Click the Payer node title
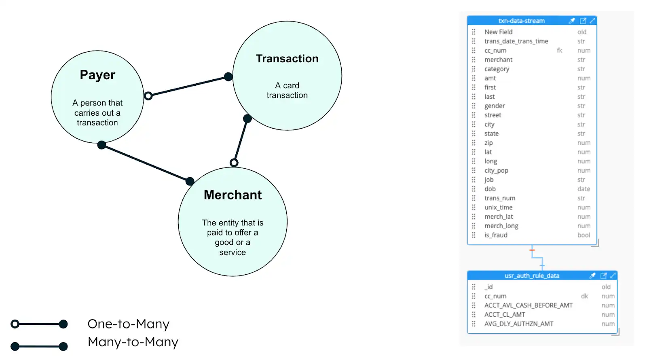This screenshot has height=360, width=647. pyautogui.click(x=97, y=75)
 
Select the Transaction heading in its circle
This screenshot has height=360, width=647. pyautogui.click(x=287, y=59)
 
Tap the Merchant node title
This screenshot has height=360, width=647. pyautogui.click(x=233, y=195)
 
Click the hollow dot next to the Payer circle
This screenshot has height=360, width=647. pyautogui.click(x=148, y=96)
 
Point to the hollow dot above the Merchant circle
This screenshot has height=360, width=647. pyautogui.click(x=234, y=163)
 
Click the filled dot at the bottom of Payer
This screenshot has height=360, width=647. pyautogui.click(x=102, y=145)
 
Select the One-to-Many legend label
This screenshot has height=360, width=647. pyautogui.click(x=129, y=324)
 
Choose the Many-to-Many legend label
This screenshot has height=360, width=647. pyautogui.click(x=133, y=342)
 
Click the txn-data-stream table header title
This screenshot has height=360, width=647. pyautogui.click(x=521, y=21)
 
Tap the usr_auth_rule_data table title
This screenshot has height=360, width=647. pyautogui.click(x=532, y=276)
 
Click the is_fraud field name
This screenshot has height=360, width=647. pyautogui.click(x=496, y=235)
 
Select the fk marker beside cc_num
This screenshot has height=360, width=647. pyautogui.click(x=559, y=51)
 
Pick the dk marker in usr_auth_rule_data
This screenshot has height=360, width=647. pyautogui.click(x=584, y=296)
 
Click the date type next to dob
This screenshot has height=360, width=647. pyautogui.click(x=584, y=189)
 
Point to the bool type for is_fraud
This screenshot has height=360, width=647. pyautogui.click(x=584, y=235)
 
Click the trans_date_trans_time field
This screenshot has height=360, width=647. pyautogui.click(x=516, y=41)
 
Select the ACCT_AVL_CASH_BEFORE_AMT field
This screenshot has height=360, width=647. pyautogui.click(x=528, y=305)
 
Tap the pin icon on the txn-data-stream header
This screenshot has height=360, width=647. pyautogui.click(x=572, y=21)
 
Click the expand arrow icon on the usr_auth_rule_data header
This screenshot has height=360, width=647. pyautogui.click(x=613, y=276)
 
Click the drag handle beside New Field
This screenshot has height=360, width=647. pyautogui.click(x=474, y=32)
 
